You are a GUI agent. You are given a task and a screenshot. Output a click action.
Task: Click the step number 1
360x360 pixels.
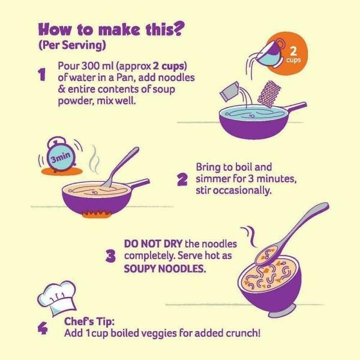point(41,74)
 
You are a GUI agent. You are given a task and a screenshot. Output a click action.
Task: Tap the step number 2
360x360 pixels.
point(182,179)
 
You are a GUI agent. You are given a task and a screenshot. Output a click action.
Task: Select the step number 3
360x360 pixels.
point(110,256)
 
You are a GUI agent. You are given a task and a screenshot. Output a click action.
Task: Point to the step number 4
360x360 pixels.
point(43,328)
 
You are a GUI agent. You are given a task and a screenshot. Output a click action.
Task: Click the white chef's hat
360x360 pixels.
point(57,298)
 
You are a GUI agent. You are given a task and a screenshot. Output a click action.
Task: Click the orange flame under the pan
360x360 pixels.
point(97,214)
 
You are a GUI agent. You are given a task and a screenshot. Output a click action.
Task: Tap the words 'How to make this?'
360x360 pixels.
point(112,29)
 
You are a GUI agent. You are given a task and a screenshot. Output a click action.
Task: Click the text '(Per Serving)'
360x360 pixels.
point(73,45)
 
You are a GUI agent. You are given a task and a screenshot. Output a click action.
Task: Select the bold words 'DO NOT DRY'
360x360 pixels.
point(153,244)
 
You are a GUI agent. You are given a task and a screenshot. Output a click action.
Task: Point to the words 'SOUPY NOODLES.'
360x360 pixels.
point(165,268)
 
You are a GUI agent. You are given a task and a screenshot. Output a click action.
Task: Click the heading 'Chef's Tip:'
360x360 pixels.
point(89,322)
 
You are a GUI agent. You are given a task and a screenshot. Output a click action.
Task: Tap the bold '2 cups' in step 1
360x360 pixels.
point(170,66)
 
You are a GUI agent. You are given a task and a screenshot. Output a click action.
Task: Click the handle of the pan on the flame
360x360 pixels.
point(137,184)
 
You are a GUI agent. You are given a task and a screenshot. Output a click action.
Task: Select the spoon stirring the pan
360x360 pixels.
point(120,167)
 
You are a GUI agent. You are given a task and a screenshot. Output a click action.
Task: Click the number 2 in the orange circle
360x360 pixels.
point(293,51)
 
